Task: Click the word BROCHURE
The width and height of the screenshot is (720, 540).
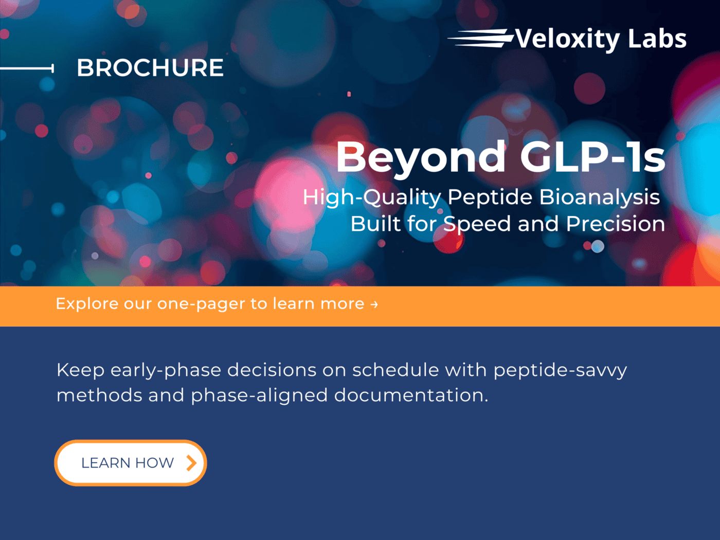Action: (150, 68)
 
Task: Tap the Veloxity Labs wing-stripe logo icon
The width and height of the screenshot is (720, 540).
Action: (480, 38)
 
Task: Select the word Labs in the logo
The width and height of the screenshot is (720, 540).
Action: (657, 39)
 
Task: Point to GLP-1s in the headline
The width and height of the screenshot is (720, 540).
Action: (592, 156)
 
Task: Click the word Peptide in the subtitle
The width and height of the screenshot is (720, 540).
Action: (490, 197)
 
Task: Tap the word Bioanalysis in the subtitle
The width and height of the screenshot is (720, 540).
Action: (600, 197)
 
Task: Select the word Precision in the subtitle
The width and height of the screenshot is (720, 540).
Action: (616, 224)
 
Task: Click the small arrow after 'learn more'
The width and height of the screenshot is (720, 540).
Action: (374, 304)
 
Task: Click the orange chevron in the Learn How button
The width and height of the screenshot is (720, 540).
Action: (191, 463)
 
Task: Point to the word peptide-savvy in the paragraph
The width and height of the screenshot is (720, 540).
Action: (560, 371)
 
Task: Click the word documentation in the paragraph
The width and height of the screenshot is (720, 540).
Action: (411, 395)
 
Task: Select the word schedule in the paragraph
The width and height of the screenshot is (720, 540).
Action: (395, 370)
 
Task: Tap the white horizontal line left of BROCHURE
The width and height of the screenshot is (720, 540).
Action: (27, 68)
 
